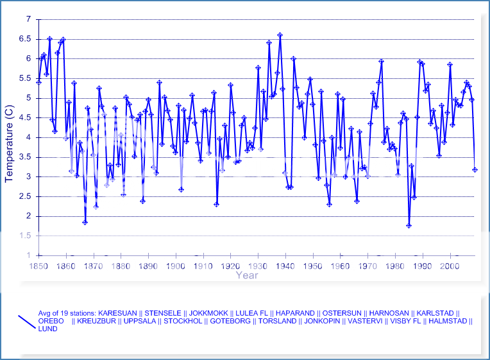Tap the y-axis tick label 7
click(28, 20)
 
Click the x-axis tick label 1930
click(258, 266)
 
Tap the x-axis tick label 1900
click(176, 266)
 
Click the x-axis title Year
click(247, 275)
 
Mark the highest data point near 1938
click(280, 35)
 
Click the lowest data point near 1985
click(409, 225)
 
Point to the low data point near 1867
click(85, 223)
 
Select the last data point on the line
click(475, 169)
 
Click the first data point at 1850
click(38, 82)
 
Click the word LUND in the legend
click(47, 329)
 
